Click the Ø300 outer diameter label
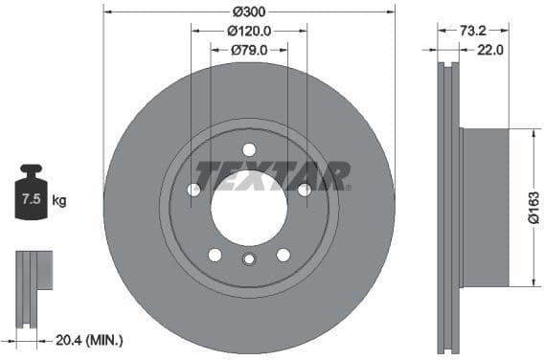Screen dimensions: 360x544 [x=248, y=11]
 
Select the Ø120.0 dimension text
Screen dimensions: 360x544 [x=248, y=31]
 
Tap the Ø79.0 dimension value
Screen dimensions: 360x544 [x=248, y=50]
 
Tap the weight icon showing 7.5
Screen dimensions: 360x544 [x=32, y=197]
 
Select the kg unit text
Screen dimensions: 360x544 [x=59, y=201]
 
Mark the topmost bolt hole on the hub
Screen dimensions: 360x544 [x=249, y=149]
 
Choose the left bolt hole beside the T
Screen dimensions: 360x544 [x=194, y=190]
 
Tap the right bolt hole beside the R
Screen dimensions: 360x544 [x=304, y=190]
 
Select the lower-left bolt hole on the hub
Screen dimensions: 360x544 [x=215, y=254]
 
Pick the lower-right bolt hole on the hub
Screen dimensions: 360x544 [x=283, y=254]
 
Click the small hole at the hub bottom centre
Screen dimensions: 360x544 [x=249, y=259]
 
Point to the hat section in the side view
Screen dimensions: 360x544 [x=484, y=207]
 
